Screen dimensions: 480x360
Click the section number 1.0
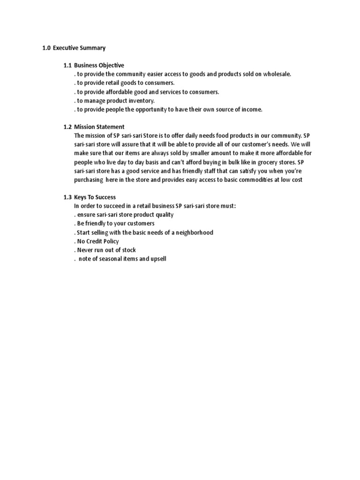(46, 48)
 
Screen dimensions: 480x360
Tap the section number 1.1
(67, 65)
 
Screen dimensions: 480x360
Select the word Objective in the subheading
(111, 65)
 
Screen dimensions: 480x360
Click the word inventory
(141, 100)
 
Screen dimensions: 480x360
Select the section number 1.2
(67, 127)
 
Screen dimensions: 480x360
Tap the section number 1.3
(67, 197)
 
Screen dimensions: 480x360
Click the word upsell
(157, 258)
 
